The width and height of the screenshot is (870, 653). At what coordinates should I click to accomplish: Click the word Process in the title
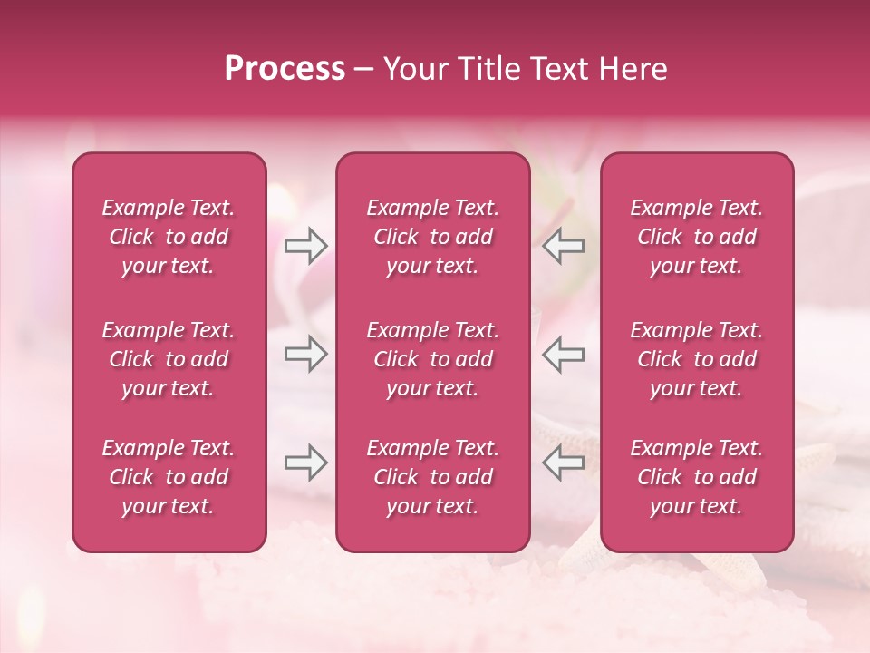click(285, 69)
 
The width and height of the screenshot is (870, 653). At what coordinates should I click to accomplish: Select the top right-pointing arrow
click(305, 246)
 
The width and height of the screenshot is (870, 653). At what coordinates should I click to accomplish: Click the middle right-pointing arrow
click(305, 354)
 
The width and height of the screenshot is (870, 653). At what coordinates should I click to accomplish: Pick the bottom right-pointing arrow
click(305, 463)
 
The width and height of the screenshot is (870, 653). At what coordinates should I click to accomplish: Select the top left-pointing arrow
click(563, 246)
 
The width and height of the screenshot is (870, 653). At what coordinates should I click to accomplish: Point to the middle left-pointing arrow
click(563, 354)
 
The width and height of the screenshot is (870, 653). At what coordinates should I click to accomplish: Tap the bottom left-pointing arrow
click(563, 463)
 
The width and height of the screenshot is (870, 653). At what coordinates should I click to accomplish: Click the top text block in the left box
click(169, 237)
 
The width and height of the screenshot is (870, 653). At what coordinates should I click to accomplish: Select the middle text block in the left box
click(169, 359)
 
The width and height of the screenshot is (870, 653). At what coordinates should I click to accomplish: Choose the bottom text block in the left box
click(169, 477)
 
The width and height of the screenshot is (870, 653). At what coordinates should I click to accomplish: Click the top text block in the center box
click(433, 237)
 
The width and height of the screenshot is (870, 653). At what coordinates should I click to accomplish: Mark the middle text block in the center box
click(433, 359)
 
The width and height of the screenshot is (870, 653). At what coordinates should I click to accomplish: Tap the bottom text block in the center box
click(433, 477)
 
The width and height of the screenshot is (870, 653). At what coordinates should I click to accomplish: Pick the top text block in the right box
click(697, 237)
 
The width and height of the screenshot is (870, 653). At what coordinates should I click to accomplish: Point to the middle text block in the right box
click(697, 359)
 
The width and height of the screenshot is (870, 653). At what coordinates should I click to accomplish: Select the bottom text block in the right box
click(697, 477)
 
